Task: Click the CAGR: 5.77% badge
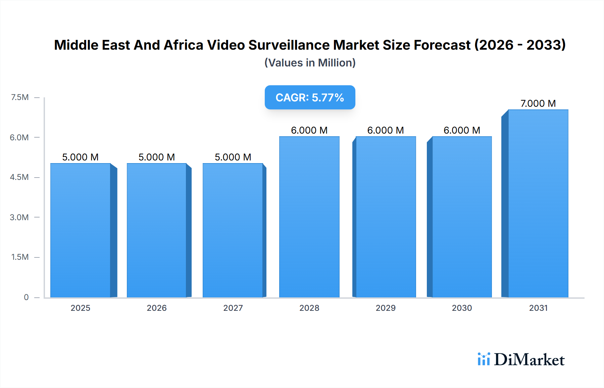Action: coord(310,97)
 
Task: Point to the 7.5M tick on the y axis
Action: coord(20,97)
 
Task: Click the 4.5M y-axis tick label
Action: coord(19,177)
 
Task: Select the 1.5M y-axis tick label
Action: coord(20,257)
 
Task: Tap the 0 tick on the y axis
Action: coord(26,297)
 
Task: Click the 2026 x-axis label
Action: coord(157,308)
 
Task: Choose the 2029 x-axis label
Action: coord(386,308)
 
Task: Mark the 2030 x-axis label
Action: coord(462,308)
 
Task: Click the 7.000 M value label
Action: coord(538,103)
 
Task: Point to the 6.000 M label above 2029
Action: coord(386,130)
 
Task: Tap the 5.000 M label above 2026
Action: coord(157,157)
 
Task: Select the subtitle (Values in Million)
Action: coord(310,63)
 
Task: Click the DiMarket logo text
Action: coord(529,359)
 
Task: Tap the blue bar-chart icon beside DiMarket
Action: coord(484,359)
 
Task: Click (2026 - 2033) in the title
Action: coord(520,45)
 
